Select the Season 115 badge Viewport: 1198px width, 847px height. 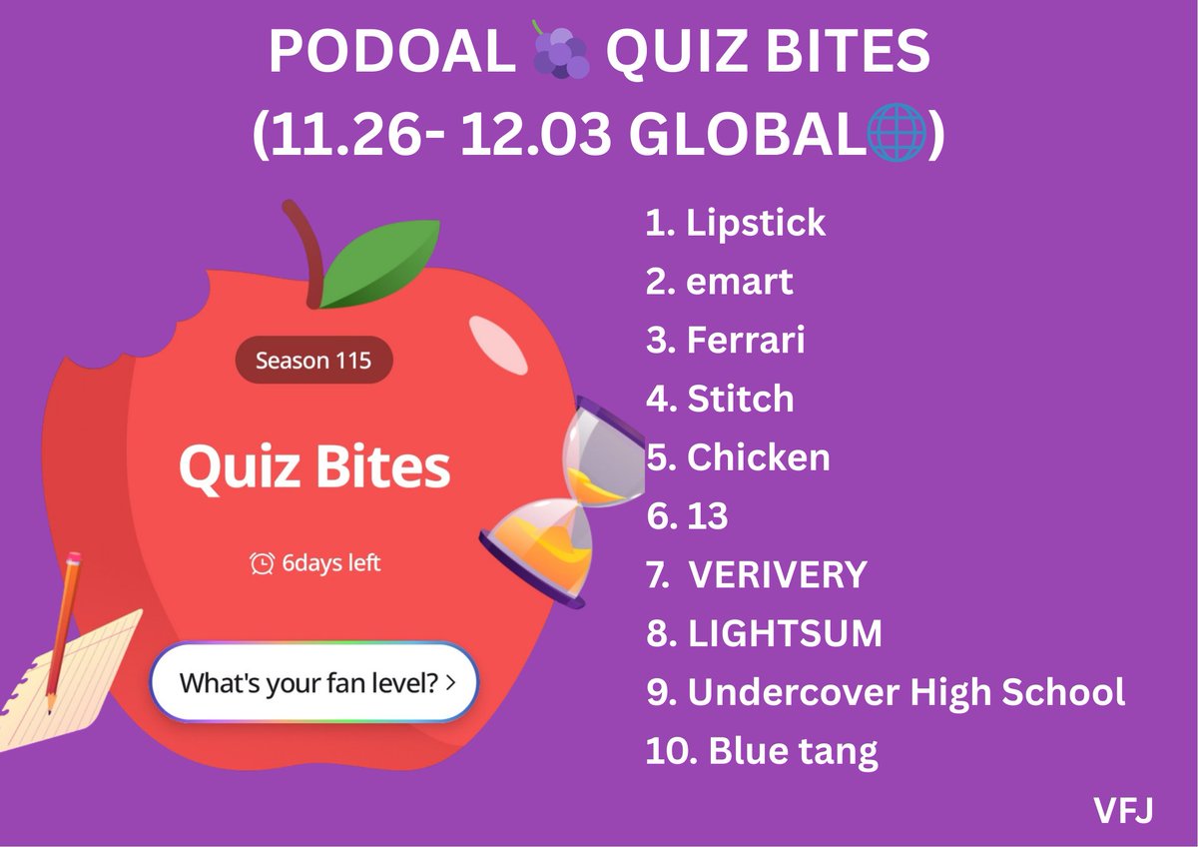pos(313,360)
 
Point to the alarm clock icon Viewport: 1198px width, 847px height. pos(262,563)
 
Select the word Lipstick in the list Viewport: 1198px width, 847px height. pos(756,222)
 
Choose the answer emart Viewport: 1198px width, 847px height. pos(740,282)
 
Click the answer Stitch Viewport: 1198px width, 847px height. pos(741,399)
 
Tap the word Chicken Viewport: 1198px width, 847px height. pos(759,457)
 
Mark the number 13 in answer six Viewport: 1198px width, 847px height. pos(708,516)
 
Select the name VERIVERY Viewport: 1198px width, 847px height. pos(779,575)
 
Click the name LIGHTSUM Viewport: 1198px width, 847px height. pos(785,633)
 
